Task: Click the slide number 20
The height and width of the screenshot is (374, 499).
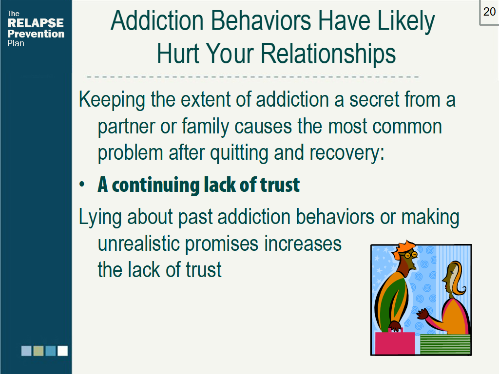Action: (x=489, y=12)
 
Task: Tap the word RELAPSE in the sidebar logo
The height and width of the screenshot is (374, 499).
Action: (x=36, y=23)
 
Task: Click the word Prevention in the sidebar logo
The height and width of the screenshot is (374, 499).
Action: (x=36, y=34)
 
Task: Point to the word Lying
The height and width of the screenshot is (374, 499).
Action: (x=100, y=217)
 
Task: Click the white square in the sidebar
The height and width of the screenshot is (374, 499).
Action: (x=62, y=351)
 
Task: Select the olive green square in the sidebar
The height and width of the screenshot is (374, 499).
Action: (x=38, y=351)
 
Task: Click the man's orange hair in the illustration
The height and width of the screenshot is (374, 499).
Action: (x=405, y=247)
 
